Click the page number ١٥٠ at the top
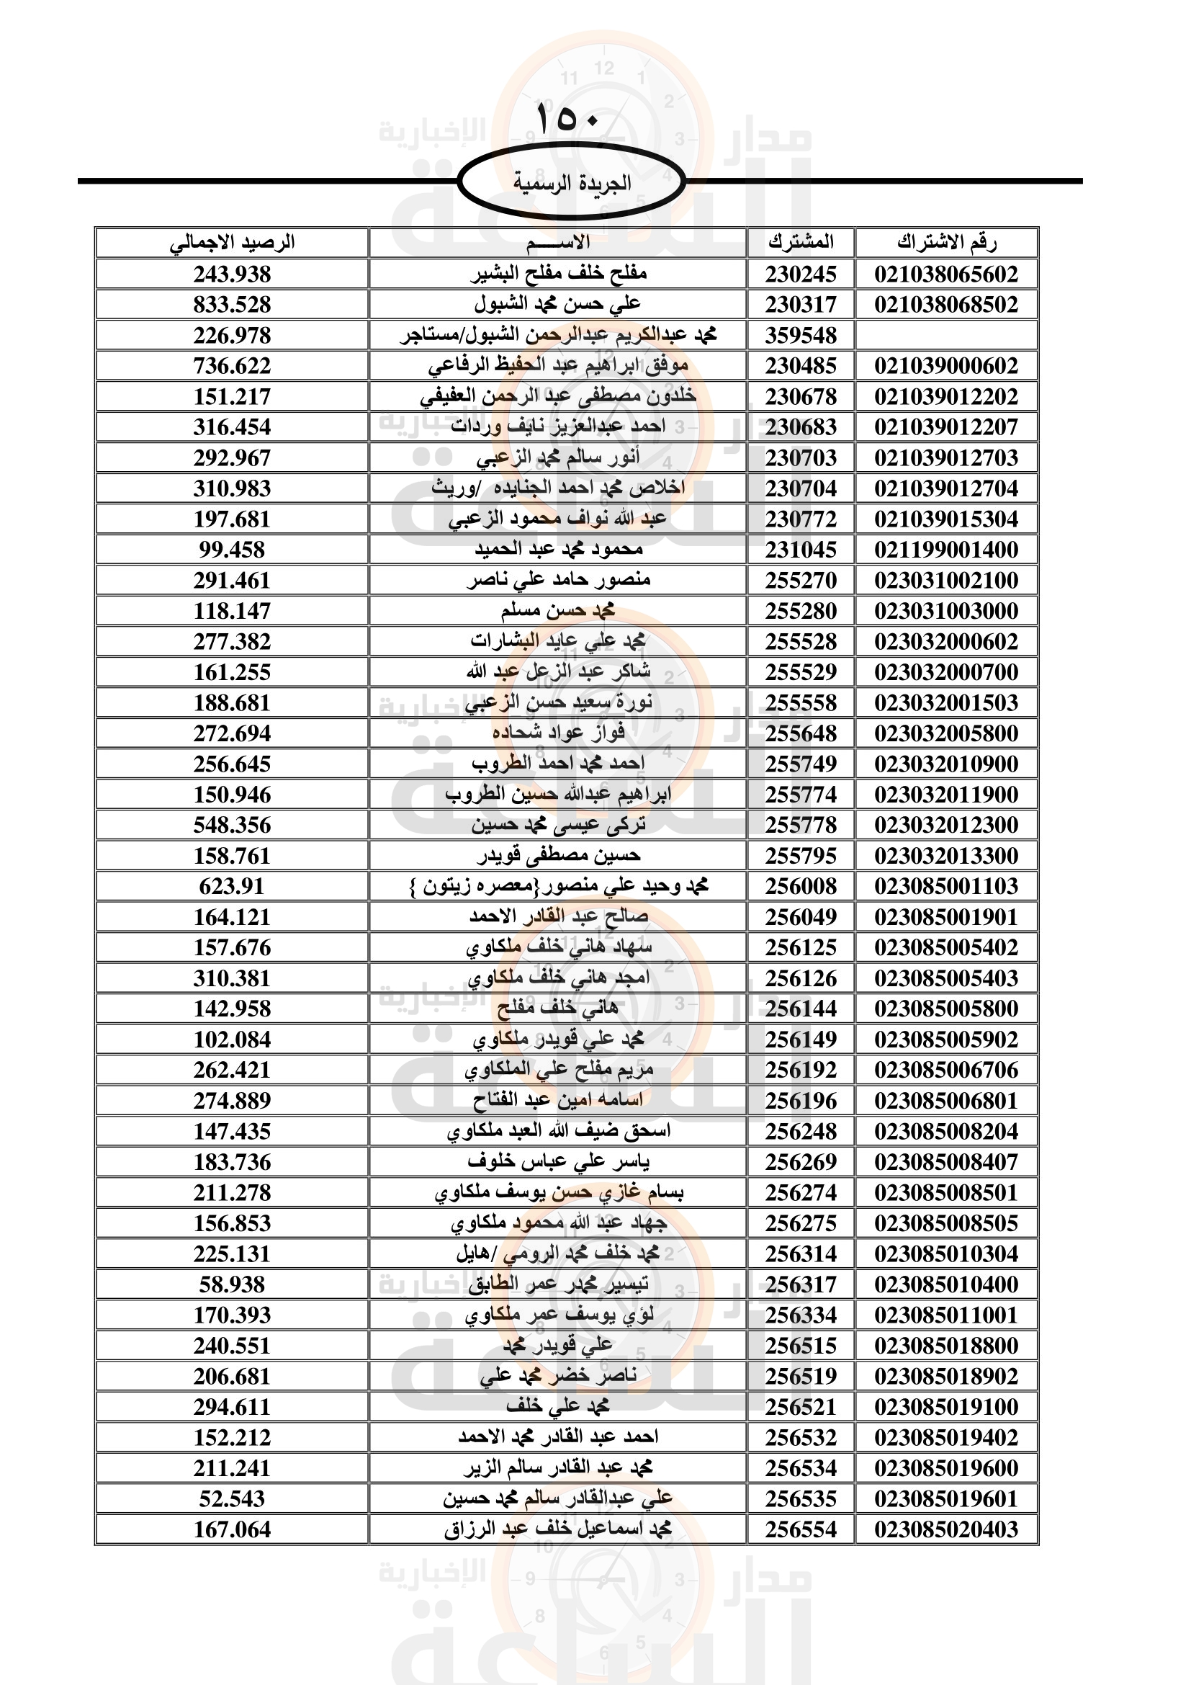click(568, 118)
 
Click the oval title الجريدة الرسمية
click(571, 182)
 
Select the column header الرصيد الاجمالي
click(232, 242)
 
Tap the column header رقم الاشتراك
click(946, 242)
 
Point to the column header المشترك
click(801, 242)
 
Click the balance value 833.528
click(232, 305)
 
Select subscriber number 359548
click(801, 336)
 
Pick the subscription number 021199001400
click(946, 550)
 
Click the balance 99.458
click(232, 550)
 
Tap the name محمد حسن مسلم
click(557, 611)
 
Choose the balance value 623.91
click(232, 887)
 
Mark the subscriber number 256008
click(801, 887)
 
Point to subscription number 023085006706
click(946, 1070)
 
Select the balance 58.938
click(232, 1284)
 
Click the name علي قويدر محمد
click(557, 1346)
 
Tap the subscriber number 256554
click(801, 1529)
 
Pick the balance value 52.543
click(232, 1498)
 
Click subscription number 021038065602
click(946, 274)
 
